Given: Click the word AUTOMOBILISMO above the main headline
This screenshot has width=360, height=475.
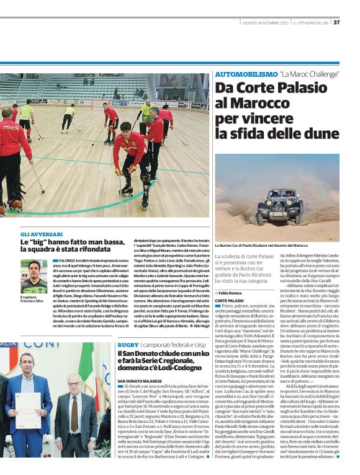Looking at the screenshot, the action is (244, 74).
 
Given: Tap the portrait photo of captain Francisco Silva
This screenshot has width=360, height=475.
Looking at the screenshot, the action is (34, 276).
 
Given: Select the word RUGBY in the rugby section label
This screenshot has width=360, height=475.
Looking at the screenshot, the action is (128, 343).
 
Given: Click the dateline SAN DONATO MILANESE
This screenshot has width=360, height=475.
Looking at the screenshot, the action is (142, 380).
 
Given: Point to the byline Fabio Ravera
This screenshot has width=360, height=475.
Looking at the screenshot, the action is (231, 291).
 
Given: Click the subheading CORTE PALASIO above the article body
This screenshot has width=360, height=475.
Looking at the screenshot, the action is (229, 300).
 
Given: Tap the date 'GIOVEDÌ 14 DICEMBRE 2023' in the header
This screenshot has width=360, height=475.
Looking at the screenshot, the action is (264, 23).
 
